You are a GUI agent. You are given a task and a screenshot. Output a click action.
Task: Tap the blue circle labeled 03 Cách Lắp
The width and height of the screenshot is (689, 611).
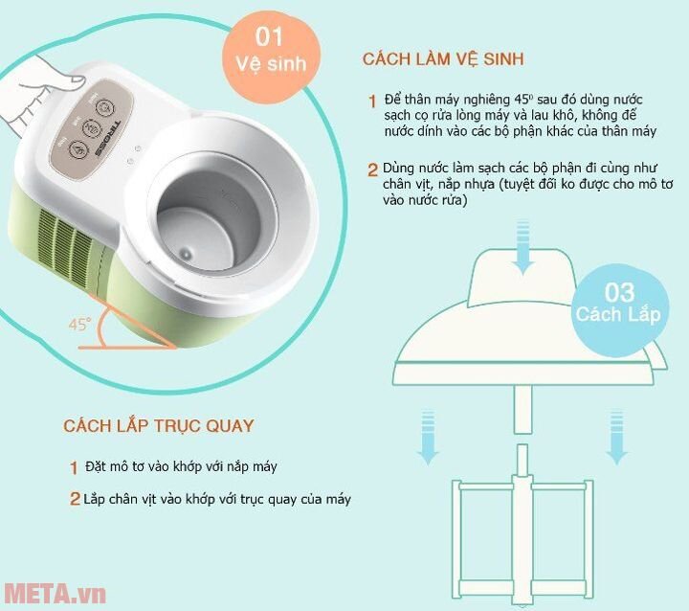click(x=618, y=303)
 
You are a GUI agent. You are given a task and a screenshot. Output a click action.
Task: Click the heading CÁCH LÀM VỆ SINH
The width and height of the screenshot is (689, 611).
click(x=443, y=59)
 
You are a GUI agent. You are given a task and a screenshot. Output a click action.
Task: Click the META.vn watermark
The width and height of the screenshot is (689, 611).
click(x=53, y=593)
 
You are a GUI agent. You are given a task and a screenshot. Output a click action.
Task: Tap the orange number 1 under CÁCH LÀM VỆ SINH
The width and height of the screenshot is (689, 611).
click(x=371, y=102)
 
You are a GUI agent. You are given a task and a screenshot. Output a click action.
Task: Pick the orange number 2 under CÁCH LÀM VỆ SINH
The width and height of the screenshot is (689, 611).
click(x=372, y=170)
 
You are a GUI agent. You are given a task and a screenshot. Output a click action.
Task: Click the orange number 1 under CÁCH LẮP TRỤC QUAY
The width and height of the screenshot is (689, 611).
click(x=73, y=468)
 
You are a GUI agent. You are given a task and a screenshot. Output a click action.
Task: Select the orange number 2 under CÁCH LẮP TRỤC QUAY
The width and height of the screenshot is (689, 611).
click(x=74, y=499)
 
